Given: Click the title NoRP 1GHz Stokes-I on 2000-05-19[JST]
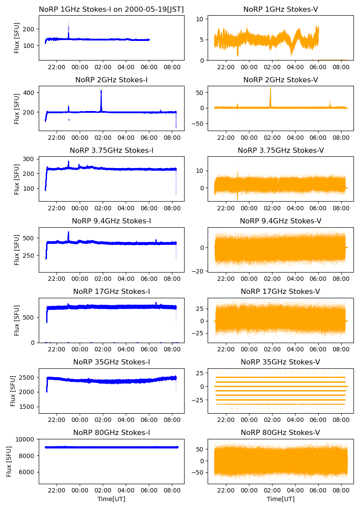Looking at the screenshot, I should [111, 9].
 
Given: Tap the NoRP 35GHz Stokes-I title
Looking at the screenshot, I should [111, 362].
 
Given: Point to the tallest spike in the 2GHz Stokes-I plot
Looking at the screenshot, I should [101, 91].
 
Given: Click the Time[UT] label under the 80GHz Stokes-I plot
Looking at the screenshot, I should [111, 499].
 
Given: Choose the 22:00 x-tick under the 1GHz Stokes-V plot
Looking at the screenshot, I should [226, 68].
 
